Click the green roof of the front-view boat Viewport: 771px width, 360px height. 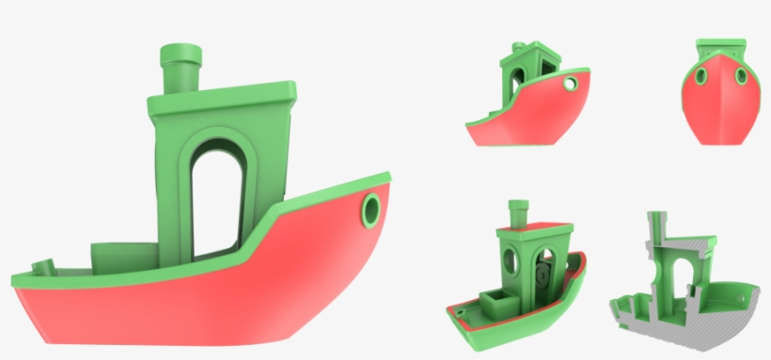pos(720,47)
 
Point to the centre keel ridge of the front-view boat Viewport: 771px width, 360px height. pos(721,103)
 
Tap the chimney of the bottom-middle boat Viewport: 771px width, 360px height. pos(515,211)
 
